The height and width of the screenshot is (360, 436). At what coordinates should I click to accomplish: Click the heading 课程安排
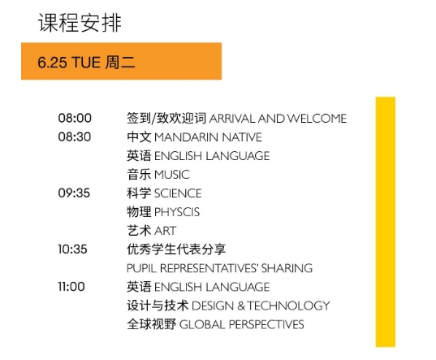[80, 23]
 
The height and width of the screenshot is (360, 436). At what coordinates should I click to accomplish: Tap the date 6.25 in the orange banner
[53, 62]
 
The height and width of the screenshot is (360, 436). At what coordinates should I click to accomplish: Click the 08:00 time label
[74, 119]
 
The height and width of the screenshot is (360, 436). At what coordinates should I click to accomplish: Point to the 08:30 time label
[74, 137]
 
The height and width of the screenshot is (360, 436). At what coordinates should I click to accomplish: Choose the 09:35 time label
[74, 193]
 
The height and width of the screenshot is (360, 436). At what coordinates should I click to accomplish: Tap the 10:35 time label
[74, 249]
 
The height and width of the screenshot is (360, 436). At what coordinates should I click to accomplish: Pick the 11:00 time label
[74, 287]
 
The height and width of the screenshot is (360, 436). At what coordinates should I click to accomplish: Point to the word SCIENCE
[178, 193]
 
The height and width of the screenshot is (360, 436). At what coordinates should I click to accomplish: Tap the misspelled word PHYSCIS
[177, 212]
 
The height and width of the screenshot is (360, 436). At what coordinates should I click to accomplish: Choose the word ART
[165, 231]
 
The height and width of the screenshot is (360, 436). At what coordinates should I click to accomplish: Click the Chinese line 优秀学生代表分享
[175, 249]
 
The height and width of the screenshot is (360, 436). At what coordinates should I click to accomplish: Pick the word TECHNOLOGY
[289, 306]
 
